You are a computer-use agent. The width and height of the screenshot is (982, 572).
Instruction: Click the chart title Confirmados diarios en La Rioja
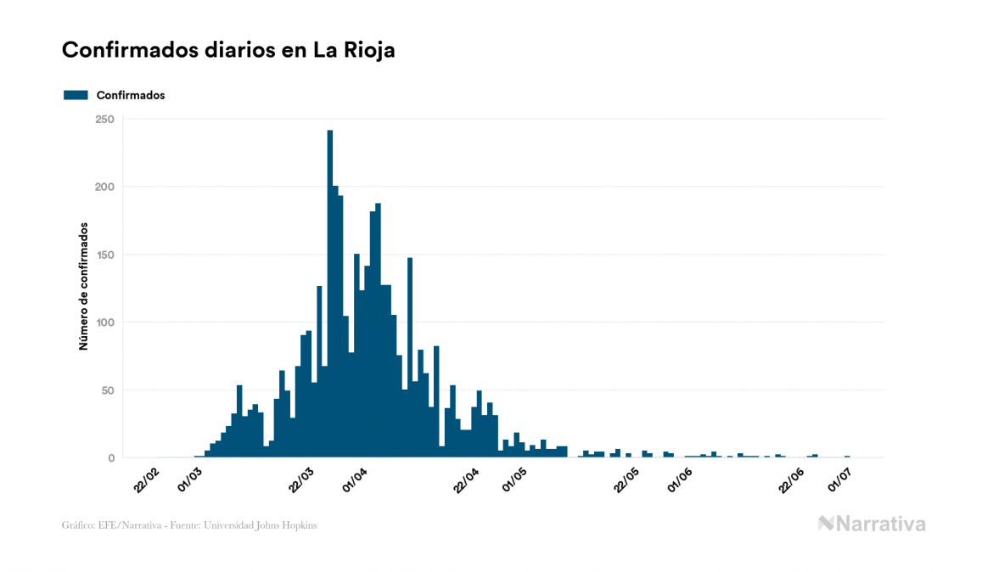pyautogui.click(x=228, y=50)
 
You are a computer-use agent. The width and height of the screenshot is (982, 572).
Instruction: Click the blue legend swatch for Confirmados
pyautogui.click(x=76, y=95)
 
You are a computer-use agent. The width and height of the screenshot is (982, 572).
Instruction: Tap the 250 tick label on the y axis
pyautogui.click(x=104, y=119)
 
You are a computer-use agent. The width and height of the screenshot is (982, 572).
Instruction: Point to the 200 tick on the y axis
pyautogui.click(x=104, y=187)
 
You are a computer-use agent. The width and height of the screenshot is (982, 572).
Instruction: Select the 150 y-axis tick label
pyautogui.click(x=104, y=255)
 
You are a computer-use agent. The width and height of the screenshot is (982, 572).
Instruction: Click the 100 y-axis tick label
pyautogui.click(x=104, y=322)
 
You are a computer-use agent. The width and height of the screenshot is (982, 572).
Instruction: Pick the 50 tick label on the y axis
pyautogui.click(x=108, y=390)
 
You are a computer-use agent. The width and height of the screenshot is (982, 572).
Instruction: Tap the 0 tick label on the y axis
pyautogui.click(x=111, y=458)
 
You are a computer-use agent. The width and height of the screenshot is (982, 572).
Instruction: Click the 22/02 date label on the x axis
pyautogui.click(x=147, y=480)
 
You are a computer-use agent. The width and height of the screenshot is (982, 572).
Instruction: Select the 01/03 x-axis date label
pyautogui.click(x=190, y=480)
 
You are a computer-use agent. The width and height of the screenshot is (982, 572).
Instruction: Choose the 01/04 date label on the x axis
pyautogui.click(x=355, y=480)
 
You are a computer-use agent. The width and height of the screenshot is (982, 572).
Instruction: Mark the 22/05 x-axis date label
pyautogui.click(x=628, y=480)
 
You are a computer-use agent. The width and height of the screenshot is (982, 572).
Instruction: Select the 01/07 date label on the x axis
pyautogui.click(x=841, y=480)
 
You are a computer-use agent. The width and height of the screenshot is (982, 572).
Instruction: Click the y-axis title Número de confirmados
pyautogui.click(x=83, y=287)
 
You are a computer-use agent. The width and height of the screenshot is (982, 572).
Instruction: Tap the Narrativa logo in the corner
pyautogui.click(x=872, y=524)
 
